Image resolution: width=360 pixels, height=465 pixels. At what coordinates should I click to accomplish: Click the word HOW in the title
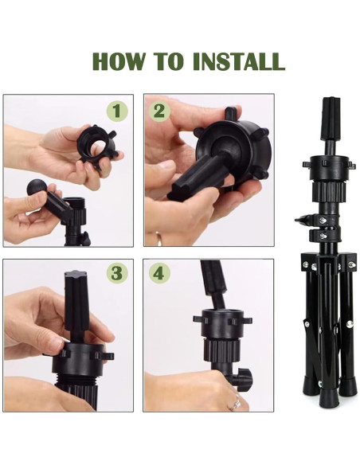point(119,61)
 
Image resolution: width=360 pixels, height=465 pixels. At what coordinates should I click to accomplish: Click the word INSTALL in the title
point(239,61)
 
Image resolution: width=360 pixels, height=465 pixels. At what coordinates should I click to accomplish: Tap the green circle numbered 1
point(117,111)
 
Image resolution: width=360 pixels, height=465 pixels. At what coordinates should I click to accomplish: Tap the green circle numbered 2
point(159,111)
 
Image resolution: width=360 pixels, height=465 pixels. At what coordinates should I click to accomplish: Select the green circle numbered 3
point(117,273)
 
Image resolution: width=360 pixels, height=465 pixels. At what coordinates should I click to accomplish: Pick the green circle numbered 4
point(159,273)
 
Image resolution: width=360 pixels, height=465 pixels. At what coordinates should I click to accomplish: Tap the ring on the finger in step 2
point(159,238)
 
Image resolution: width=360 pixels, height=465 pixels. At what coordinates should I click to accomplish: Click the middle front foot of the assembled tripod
point(329,397)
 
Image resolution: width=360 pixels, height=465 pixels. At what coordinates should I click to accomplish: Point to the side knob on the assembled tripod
point(303,220)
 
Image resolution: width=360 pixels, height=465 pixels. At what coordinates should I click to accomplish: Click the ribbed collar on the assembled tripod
point(330,190)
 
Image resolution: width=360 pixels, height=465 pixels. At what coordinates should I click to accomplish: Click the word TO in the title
point(168,61)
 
